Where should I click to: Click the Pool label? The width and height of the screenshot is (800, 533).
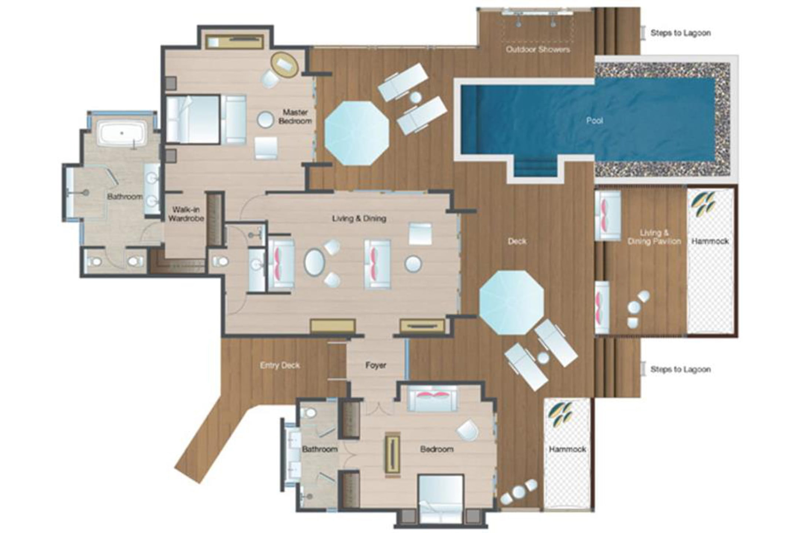[x=594, y=121]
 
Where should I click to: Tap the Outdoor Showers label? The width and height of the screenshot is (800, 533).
[x=537, y=50]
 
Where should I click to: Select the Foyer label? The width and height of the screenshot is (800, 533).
[x=375, y=366]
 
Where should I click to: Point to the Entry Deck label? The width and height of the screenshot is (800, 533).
[x=280, y=366]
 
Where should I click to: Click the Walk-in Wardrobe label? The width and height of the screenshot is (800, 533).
[x=186, y=214]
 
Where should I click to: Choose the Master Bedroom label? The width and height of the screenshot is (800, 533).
[x=295, y=117]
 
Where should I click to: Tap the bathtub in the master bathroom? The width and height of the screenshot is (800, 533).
[x=122, y=133]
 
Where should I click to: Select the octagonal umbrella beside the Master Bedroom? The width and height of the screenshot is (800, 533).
[x=357, y=133]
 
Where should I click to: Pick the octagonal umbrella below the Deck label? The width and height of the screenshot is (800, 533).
[x=511, y=302]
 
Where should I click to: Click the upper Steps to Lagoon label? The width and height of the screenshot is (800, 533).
[x=680, y=33]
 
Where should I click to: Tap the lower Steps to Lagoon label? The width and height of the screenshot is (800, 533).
[x=680, y=370]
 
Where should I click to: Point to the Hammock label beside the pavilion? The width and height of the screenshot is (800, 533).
[x=710, y=242]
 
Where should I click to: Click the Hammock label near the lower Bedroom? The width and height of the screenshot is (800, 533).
[x=567, y=449]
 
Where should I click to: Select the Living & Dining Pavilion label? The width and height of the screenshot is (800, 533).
[x=654, y=237]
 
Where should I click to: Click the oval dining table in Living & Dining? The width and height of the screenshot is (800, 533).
[x=314, y=263]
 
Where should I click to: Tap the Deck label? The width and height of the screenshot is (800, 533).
[x=517, y=242]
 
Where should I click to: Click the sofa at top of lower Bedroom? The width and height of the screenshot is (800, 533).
[x=432, y=398]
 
